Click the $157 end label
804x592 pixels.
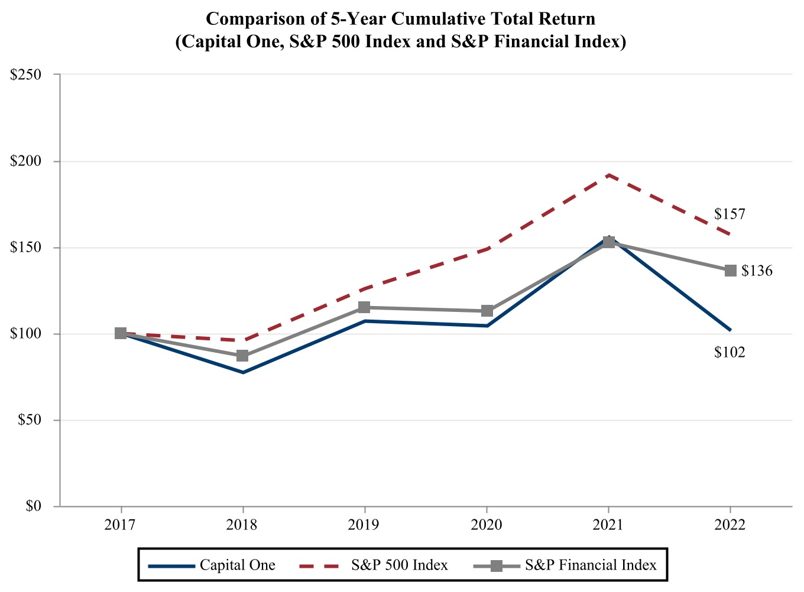[x=730, y=214]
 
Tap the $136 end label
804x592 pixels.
[x=757, y=271]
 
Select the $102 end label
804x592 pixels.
[x=730, y=353]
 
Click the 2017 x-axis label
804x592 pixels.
[x=121, y=525]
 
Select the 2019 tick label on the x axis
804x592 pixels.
[x=364, y=525]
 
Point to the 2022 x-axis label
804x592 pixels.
[x=730, y=525]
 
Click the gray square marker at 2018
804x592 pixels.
[x=242, y=356]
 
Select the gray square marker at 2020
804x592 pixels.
[x=487, y=311]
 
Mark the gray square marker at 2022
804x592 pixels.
[x=731, y=271]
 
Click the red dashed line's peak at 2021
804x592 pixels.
[x=608, y=175]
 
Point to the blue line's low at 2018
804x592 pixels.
[x=242, y=372]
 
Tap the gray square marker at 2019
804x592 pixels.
[x=364, y=307]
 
